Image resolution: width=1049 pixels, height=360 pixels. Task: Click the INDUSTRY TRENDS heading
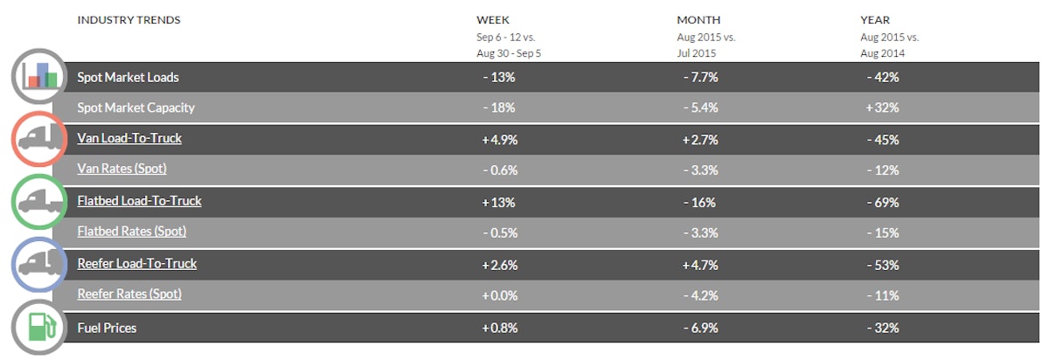[129, 20]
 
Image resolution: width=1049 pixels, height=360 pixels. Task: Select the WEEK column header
[493, 20]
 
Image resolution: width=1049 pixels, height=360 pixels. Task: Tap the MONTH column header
[698, 20]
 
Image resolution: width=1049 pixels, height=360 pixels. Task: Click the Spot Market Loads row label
[128, 77]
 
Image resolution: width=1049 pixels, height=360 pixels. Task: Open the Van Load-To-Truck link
[129, 138]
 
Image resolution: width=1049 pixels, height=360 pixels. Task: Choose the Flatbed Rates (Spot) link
[132, 232]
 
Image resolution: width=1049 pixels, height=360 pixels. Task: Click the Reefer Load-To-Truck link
[137, 263]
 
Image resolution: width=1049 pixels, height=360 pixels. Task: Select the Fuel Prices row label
[107, 329]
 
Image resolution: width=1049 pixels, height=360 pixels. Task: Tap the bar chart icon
[41, 77]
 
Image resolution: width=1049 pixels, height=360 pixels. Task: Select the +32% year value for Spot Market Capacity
[880, 108]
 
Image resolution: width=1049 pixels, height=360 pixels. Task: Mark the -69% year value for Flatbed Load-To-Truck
[880, 203]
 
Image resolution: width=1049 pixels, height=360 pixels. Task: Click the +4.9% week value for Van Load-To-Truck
[499, 139]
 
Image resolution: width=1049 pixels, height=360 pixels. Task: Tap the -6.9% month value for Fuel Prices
[699, 329]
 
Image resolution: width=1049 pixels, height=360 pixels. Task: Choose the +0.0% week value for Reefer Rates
[499, 295]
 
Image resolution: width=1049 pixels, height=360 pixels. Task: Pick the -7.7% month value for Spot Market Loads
[699, 77]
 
